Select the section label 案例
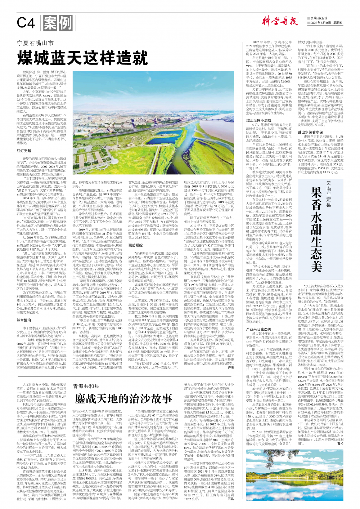[58, 23]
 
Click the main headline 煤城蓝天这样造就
[82, 58]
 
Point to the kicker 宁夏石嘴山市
[36, 43]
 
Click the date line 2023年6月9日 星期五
[327, 23]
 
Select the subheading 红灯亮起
[24, 151]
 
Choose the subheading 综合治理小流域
[258, 121]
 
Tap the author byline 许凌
[231, 367]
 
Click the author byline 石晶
[231, 499]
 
